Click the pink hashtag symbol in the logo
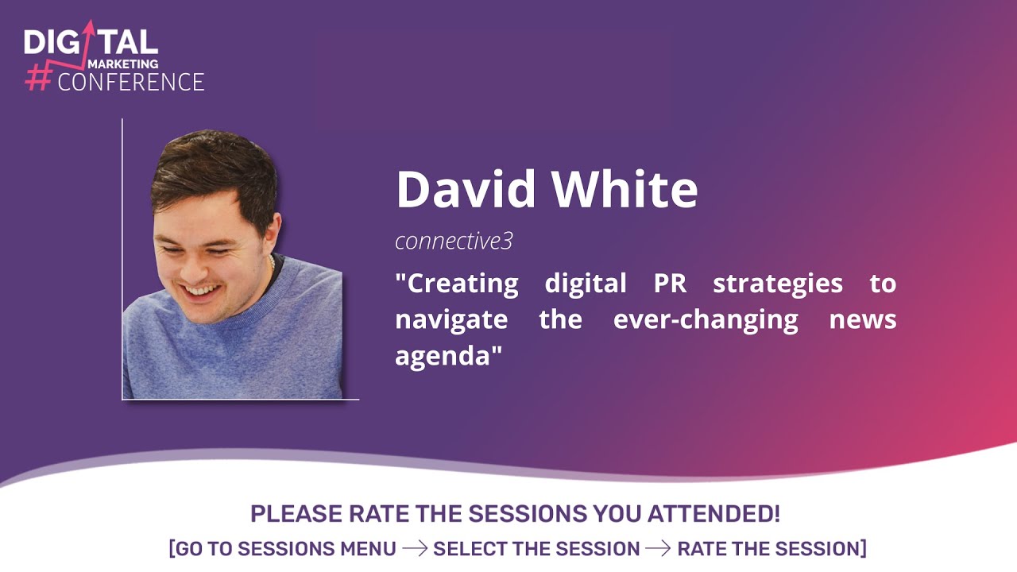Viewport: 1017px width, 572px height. [38, 77]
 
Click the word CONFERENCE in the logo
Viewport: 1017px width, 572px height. [131, 82]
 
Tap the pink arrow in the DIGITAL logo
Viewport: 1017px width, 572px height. [88, 36]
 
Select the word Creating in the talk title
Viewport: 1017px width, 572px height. [462, 284]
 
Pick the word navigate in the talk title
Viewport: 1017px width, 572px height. [450, 320]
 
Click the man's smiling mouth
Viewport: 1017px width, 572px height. [200, 291]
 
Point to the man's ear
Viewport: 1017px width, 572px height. [273, 234]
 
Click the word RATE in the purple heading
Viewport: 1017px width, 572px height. [380, 514]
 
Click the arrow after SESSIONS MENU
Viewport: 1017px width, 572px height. [414, 549]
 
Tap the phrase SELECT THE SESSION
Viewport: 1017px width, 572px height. [536, 549]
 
